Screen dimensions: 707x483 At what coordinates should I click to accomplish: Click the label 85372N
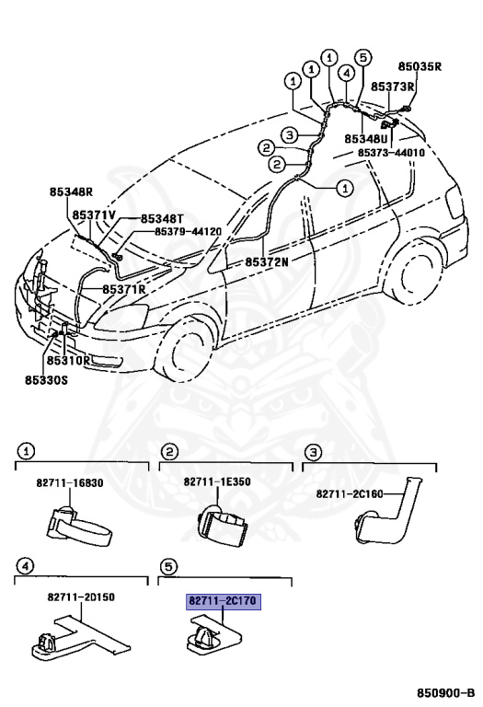pos(266,261)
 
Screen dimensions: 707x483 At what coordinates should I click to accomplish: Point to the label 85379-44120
pos(188,231)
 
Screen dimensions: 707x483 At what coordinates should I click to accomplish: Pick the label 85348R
pos(71,192)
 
